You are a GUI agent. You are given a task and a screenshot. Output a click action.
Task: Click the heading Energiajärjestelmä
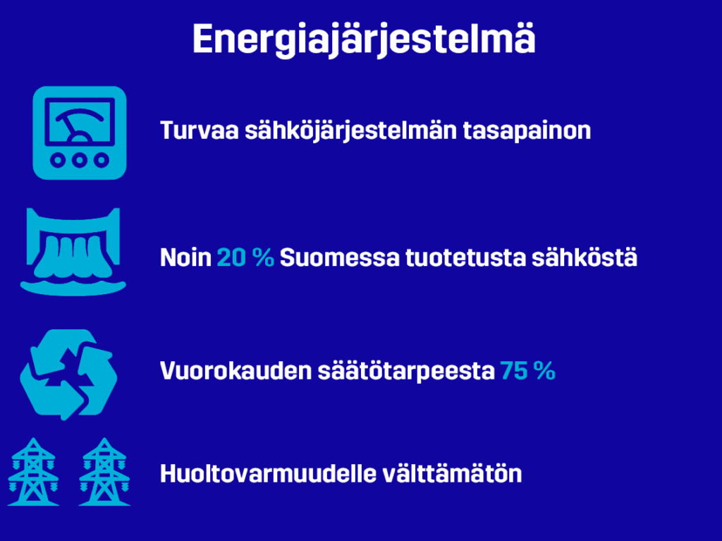364,39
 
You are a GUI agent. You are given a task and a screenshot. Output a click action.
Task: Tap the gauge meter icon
80,133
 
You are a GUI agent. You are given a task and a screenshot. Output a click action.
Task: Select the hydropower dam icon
73,251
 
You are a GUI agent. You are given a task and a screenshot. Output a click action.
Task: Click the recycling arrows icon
68,374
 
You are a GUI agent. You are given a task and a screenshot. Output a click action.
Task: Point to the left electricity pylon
33,472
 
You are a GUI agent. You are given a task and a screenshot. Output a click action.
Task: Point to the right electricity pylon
104,472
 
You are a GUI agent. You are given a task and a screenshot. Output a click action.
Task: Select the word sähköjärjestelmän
351,131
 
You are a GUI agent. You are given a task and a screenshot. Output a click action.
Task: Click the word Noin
185,257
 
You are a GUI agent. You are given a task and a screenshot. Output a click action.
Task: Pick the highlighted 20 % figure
245,257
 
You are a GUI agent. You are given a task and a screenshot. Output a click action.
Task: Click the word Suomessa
340,257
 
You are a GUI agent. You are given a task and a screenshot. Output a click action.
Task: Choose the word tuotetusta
465,257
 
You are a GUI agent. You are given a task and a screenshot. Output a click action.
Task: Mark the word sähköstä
585,257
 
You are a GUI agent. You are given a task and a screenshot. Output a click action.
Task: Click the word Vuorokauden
235,371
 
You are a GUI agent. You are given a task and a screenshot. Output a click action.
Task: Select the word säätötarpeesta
406,372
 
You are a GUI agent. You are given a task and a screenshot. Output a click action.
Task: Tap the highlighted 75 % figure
528,371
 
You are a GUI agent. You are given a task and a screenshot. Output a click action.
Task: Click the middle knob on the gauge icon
80,160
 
